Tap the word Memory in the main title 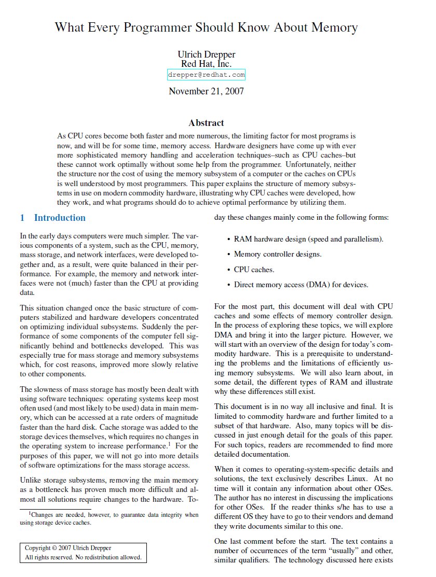click(x=333, y=27)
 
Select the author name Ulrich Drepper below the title click(x=206, y=54)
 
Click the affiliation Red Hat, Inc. click(x=206, y=64)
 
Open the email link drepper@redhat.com click(x=206, y=75)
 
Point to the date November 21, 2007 click(x=206, y=92)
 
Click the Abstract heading click(x=206, y=123)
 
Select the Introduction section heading click(x=60, y=218)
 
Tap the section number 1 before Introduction click(x=22, y=218)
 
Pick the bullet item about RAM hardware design click(x=308, y=239)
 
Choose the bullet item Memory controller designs click(x=278, y=254)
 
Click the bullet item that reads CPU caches click(x=254, y=270)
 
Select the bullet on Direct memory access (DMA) click(x=301, y=285)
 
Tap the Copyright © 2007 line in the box click(x=68, y=548)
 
